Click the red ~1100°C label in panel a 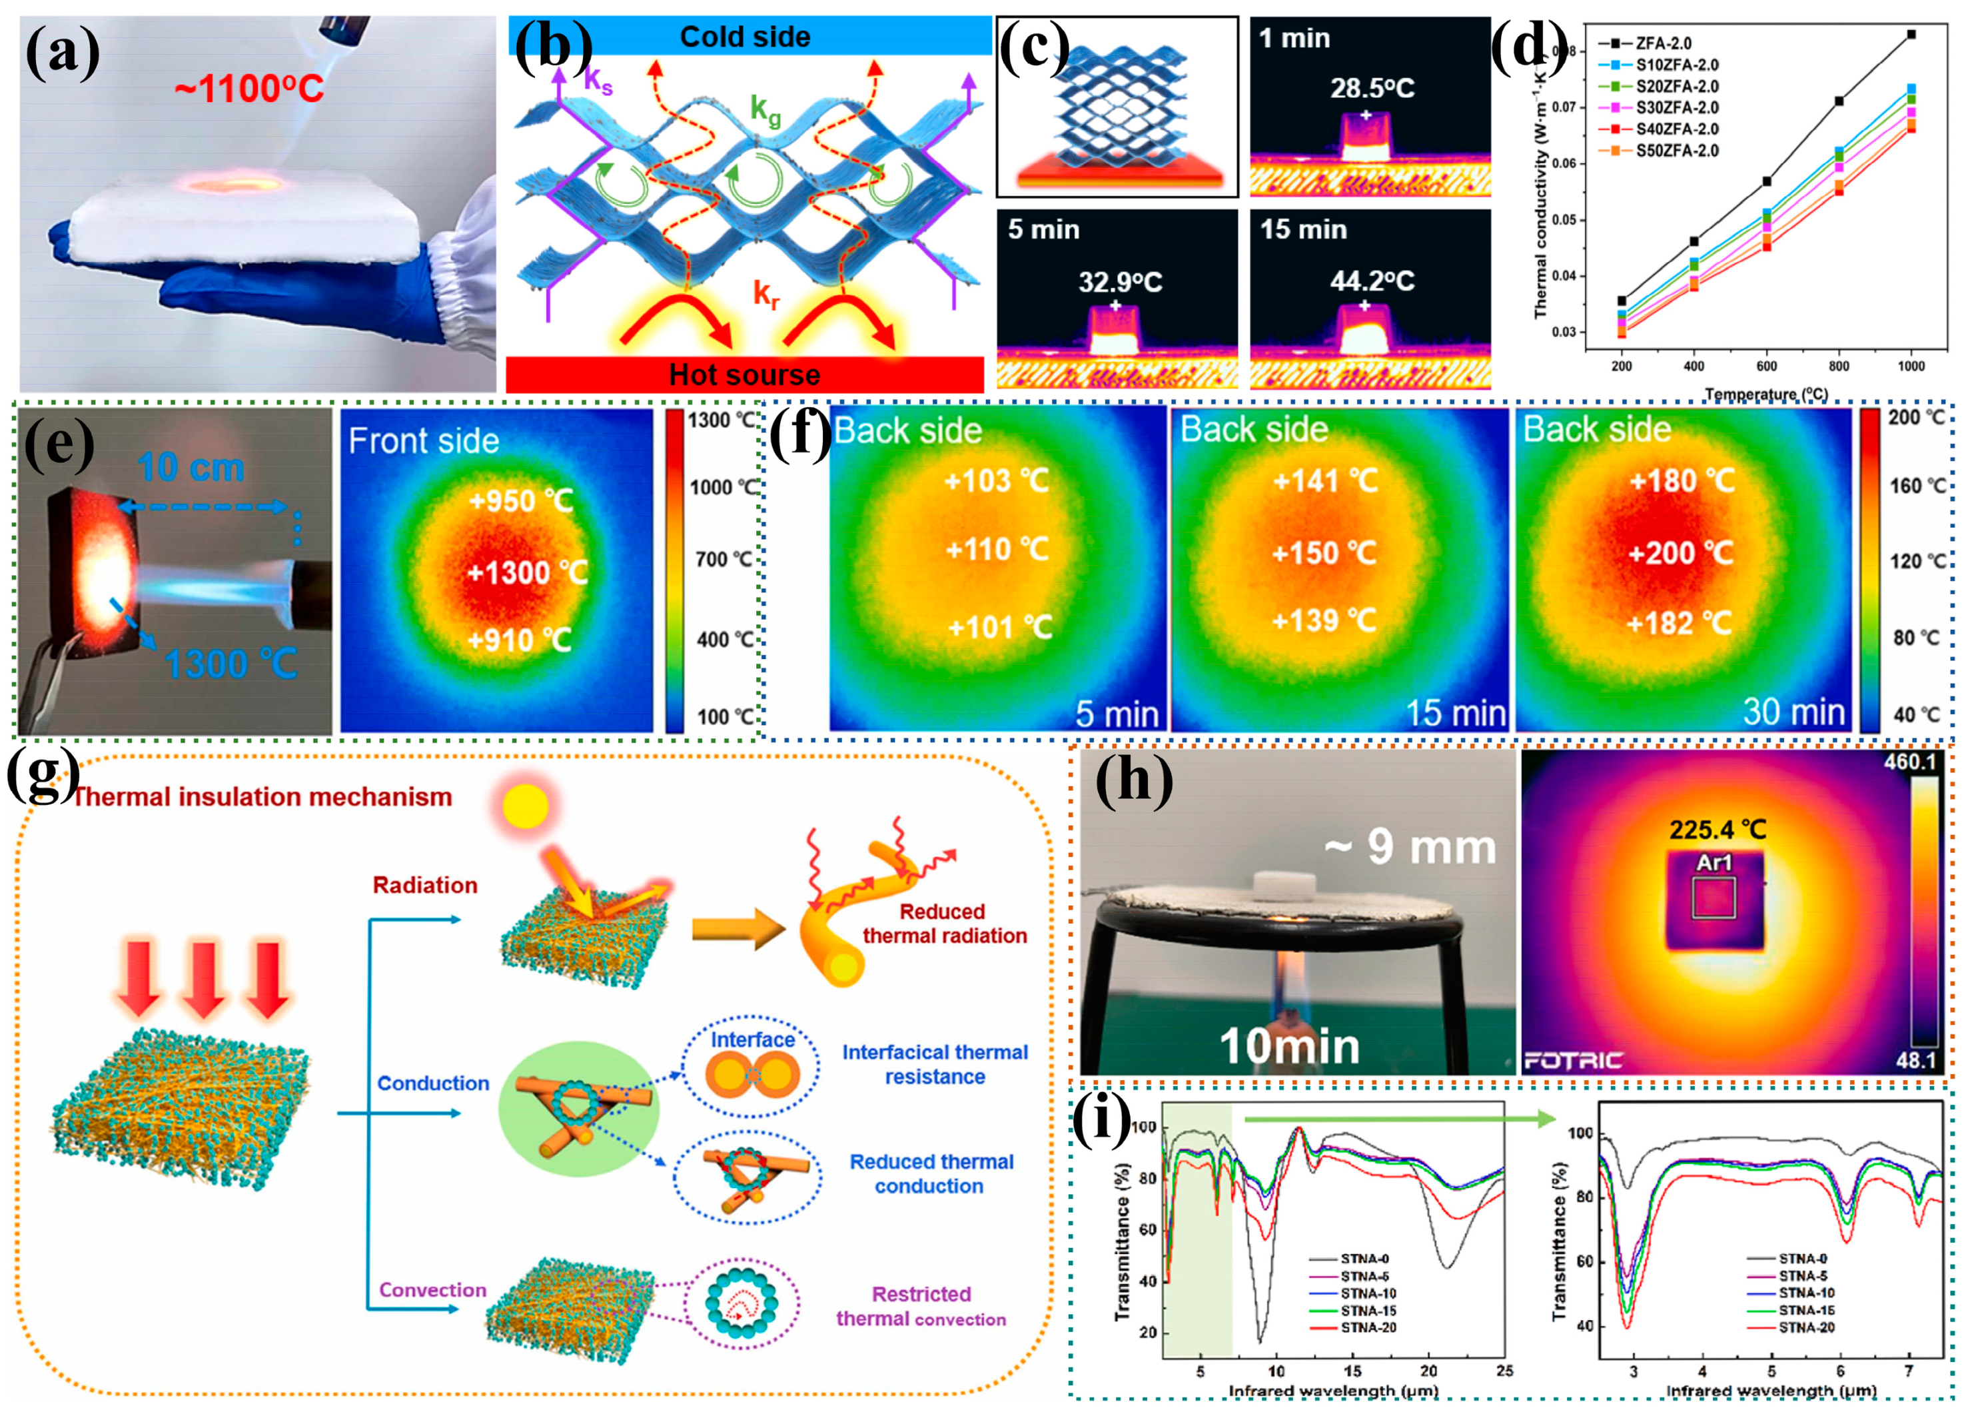point(249,89)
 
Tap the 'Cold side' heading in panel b point(745,37)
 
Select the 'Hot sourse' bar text point(744,374)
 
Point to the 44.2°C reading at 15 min point(1372,281)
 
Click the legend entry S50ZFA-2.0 point(1676,151)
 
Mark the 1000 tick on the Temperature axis point(1911,366)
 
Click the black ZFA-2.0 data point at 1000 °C point(1911,35)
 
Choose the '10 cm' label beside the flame point(191,468)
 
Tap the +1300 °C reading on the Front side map point(527,572)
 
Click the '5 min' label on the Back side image point(1116,714)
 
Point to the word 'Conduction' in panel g point(433,1083)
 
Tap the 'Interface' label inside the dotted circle point(753,1040)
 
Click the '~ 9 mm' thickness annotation point(1410,847)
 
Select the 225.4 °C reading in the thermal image point(1718,830)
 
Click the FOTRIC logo point(1573,1060)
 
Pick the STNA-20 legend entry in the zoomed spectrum point(1806,1327)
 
